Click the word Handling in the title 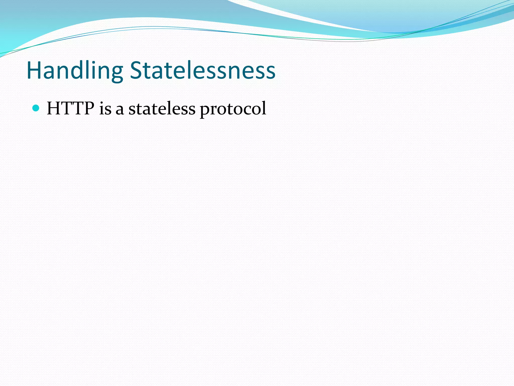[75, 71]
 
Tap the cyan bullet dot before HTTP [36, 108]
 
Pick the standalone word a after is [120, 110]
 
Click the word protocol [233, 109]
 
